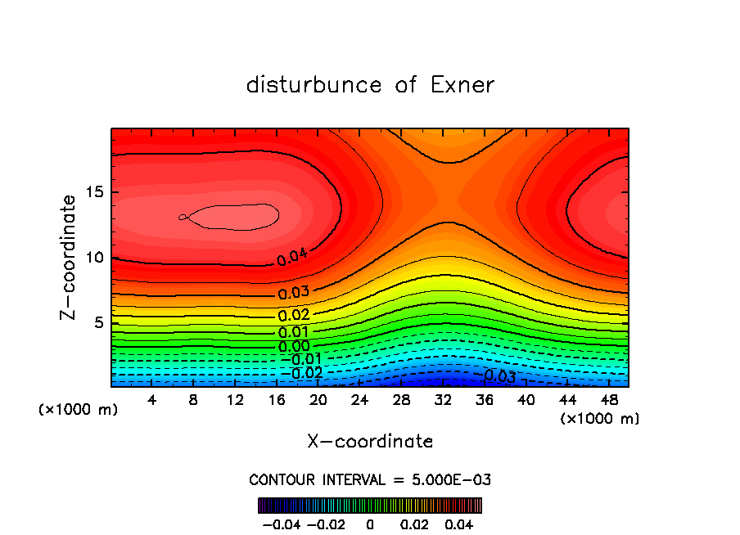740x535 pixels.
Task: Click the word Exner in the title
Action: click(x=463, y=85)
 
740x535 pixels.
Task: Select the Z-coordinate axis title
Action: click(x=69, y=257)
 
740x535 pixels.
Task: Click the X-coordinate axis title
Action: click(x=370, y=442)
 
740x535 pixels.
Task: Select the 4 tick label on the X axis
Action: click(x=152, y=400)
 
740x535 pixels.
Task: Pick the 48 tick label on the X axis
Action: click(x=609, y=400)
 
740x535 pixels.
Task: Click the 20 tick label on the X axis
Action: click(x=318, y=400)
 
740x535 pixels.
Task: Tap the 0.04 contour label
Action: click(x=292, y=258)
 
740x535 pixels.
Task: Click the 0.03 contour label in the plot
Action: click(x=293, y=293)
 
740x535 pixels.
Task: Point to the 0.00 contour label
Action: click(x=293, y=346)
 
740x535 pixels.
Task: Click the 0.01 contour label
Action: click(x=293, y=331)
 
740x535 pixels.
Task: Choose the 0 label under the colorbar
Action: click(x=370, y=523)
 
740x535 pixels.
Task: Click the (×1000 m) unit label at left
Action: click(x=79, y=410)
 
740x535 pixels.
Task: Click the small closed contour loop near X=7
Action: click(x=183, y=217)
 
